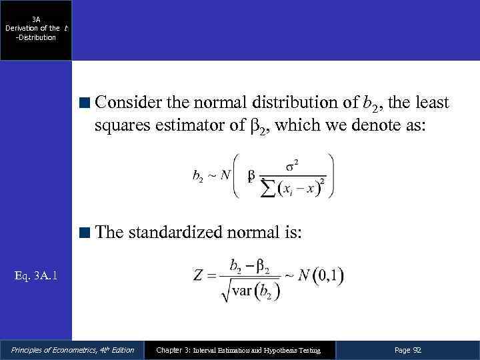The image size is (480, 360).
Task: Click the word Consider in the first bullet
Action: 127,103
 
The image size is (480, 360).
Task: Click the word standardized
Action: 183,233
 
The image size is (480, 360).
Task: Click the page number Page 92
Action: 408,350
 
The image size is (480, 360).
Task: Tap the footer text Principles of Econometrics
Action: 72,350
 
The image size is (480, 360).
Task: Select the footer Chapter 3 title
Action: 238,350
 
